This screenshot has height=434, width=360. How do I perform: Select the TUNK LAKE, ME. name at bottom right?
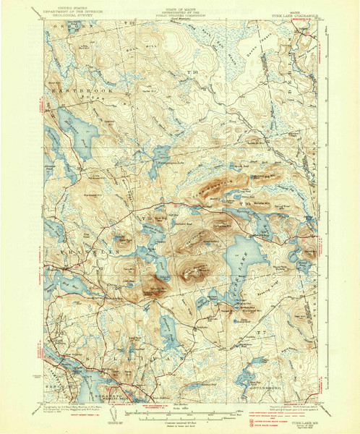298,421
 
